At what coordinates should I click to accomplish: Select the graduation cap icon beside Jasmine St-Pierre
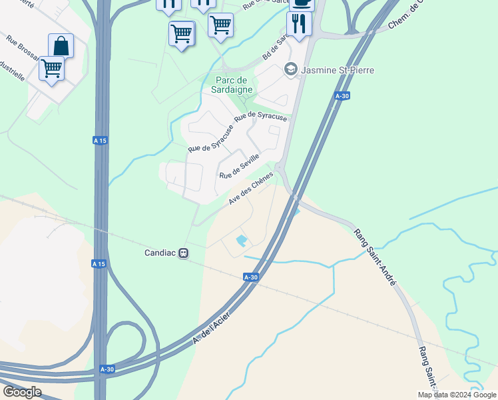pos(290,68)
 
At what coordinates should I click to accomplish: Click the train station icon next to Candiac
pos(183,253)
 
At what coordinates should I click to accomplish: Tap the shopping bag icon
pos(61,47)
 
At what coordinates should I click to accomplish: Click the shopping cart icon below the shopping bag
pos(51,68)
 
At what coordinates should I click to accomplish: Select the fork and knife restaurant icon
pos(299,24)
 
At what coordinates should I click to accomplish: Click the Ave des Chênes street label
pos(251,189)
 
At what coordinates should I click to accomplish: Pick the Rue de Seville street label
pos(239,165)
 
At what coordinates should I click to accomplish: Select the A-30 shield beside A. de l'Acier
pos(251,277)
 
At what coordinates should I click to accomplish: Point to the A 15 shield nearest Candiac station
pos(99,264)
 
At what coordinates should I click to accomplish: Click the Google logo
pos(22,392)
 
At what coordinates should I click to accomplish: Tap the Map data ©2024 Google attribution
pos(457,395)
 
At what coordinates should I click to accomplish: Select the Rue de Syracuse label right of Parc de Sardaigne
pos(266,116)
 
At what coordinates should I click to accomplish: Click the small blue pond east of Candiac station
pos(242,240)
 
